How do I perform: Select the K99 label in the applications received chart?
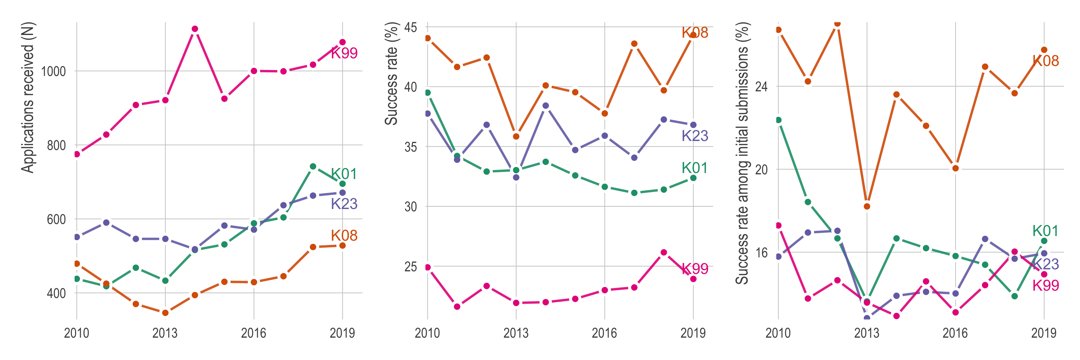(x=344, y=53)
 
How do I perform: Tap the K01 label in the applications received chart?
(x=344, y=174)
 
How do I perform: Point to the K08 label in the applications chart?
(x=344, y=236)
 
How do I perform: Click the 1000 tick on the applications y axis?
(x=54, y=71)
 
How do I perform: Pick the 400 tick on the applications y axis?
(x=57, y=293)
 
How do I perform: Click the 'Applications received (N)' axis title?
(x=28, y=98)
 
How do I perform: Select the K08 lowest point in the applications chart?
(x=165, y=313)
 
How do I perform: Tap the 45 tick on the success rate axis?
(x=411, y=27)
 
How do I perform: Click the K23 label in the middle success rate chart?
(x=695, y=136)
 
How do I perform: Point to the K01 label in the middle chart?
(x=694, y=168)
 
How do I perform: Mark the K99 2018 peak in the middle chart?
(x=664, y=253)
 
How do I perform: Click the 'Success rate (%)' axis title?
(x=391, y=74)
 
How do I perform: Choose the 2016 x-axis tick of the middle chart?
(x=605, y=333)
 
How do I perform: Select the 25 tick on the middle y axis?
(x=411, y=267)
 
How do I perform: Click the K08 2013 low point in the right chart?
(x=867, y=207)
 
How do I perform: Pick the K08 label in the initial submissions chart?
(x=1046, y=61)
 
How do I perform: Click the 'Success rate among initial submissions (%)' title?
(x=742, y=153)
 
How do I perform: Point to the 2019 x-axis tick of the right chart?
(x=1044, y=333)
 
